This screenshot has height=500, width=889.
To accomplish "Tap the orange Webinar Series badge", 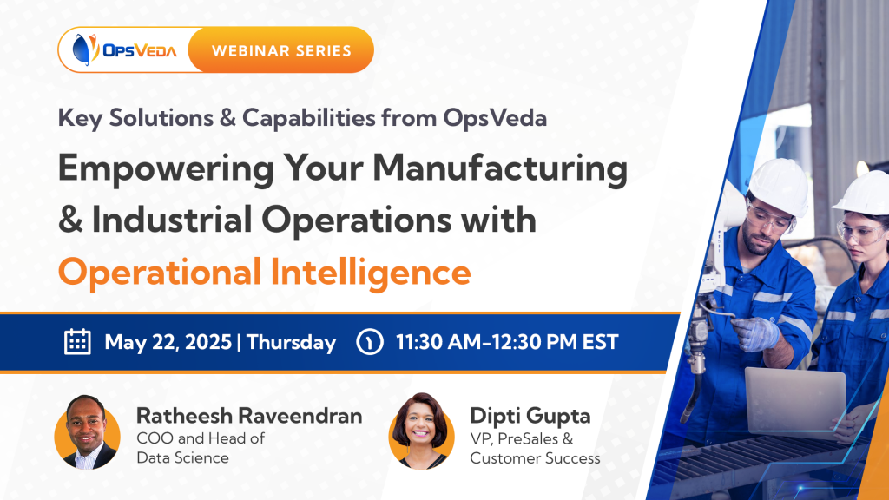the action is click(281, 49).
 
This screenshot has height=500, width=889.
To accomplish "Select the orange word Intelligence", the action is click(371, 273).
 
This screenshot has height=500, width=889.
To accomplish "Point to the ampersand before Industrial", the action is click(70, 220).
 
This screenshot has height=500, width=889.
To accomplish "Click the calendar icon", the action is click(77, 342).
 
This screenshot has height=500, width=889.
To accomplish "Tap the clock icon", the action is click(370, 342).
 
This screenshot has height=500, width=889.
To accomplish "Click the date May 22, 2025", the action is click(168, 342).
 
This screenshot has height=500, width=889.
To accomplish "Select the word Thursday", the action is click(292, 342).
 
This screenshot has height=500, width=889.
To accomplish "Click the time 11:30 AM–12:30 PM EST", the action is click(507, 342).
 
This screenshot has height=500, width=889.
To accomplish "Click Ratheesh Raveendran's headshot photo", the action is click(88, 432).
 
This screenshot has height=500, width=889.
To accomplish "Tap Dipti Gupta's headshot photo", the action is click(421, 431).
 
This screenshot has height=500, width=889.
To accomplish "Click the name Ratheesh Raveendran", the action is click(249, 416).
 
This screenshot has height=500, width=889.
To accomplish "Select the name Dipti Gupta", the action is click(530, 416).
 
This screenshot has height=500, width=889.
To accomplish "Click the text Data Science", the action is click(182, 457).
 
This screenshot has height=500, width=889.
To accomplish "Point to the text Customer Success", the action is click(535, 457).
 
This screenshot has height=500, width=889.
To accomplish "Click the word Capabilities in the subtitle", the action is click(308, 118).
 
